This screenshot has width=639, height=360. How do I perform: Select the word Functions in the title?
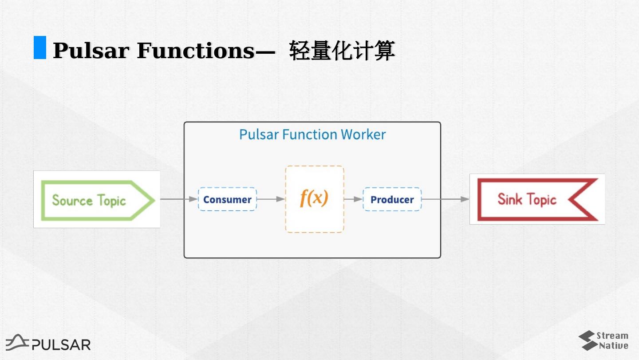click(x=196, y=51)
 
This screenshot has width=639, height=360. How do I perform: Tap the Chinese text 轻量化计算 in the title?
click(x=342, y=51)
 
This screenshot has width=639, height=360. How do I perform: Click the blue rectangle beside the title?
click(x=40, y=47)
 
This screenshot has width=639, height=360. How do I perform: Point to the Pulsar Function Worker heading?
click(x=312, y=135)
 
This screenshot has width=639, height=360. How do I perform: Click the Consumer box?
click(x=227, y=199)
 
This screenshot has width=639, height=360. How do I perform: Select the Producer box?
click(x=392, y=199)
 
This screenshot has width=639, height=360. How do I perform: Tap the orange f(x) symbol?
click(x=314, y=198)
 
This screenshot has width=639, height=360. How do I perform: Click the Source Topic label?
click(x=89, y=200)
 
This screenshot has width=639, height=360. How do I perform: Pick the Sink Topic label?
click(x=527, y=199)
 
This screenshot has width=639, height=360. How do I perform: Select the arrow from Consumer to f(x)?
click(x=271, y=199)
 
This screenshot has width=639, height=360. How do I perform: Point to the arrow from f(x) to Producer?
click(x=353, y=199)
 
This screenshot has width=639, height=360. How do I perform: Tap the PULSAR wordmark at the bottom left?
click(x=61, y=344)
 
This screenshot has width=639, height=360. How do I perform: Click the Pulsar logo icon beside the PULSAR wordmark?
click(x=17, y=342)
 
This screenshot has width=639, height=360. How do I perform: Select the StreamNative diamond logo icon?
click(x=587, y=340)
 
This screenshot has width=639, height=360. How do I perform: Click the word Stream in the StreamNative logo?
click(x=612, y=336)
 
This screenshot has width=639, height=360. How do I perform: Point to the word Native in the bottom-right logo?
click(x=614, y=345)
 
